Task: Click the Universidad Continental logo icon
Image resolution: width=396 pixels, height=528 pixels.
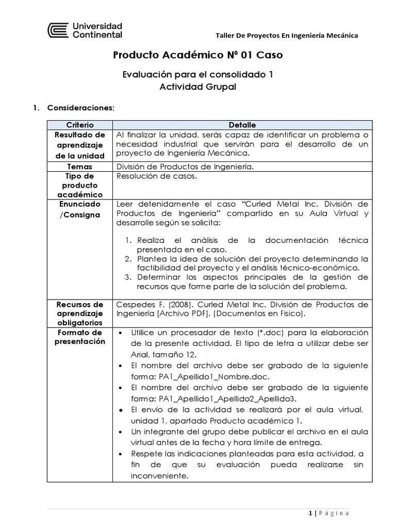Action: (x=57, y=30)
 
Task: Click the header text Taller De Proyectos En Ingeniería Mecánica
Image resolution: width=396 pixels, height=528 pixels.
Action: (x=286, y=35)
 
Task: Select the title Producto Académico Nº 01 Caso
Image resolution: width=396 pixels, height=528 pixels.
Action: (x=197, y=55)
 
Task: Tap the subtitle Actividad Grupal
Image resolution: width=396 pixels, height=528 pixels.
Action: (x=197, y=87)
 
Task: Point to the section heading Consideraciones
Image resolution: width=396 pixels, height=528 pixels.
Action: (x=80, y=108)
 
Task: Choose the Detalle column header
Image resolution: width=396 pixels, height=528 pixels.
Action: (x=242, y=125)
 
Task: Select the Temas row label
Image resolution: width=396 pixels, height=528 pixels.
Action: (x=79, y=167)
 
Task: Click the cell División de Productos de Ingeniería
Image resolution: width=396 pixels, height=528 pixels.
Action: (x=185, y=167)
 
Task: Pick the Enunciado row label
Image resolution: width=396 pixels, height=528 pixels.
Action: (x=79, y=204)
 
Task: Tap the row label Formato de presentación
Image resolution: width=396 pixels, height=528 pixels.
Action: (x=79, y=337)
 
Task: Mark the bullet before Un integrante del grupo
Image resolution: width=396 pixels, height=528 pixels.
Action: (x=120, y=432)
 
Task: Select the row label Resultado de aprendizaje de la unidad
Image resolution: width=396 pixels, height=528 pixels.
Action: (x=79, y=145)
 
